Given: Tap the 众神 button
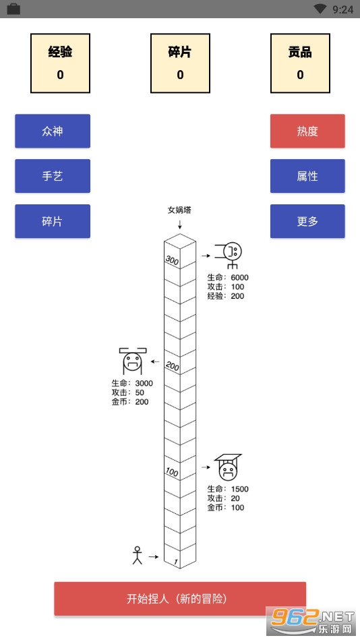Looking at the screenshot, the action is pos(53,131).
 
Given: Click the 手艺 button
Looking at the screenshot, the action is pos(53,176).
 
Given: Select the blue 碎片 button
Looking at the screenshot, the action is pos(53,221).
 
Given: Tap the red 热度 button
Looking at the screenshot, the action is pos(307,131).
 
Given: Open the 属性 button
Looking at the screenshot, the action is pos(307,176).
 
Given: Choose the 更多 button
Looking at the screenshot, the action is pos(307,221).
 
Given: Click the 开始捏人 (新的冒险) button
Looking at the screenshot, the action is pos(180,599).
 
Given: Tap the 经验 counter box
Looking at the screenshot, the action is pos(61,63).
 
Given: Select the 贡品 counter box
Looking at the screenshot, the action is pos(300,63).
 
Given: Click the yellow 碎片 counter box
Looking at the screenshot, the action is pos(180,63).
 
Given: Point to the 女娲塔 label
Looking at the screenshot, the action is pos(179,210).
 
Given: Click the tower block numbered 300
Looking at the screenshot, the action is pos(172,260).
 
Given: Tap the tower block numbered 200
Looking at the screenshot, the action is pos(172,366).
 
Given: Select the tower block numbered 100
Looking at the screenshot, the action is pos(172,471).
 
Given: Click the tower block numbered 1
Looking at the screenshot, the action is pos(172,560).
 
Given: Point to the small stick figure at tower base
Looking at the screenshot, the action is pos(138,555).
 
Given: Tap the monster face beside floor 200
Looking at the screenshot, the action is pos(133,361).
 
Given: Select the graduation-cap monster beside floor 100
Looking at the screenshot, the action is pos(228,467).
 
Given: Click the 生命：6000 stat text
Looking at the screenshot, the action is pos(228,278).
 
